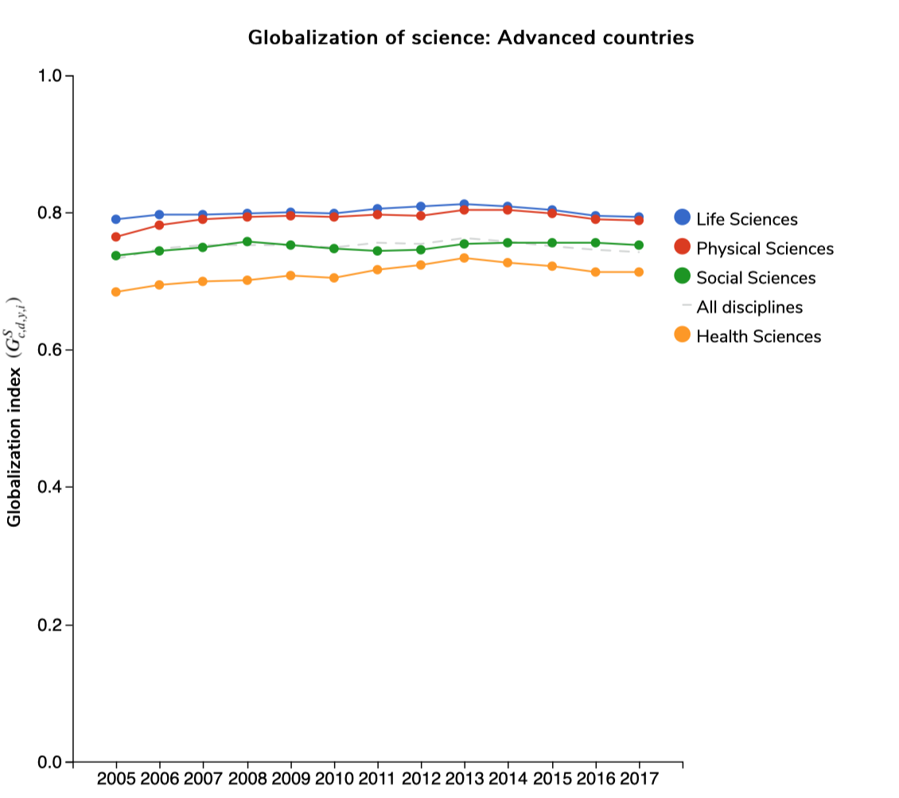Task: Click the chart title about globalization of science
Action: [x=470, y=37]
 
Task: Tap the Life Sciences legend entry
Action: [x=746, y=219]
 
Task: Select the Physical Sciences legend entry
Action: [x=765, y=249]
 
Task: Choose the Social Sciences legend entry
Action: [x=756, y=277]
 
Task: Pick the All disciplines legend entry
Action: [x=749, y=307]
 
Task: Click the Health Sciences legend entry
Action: [x=758, y=336]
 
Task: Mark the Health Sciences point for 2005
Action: [x=116, y=292]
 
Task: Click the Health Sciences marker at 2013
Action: [x=465, y=258]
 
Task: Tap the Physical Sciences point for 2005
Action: [x=116, y=237]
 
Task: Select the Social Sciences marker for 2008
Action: [x=247, y=242]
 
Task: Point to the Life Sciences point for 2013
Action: [x=465, y=204]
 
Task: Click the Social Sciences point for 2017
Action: [x=639, y=245]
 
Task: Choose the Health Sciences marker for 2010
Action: [x=334, y=277]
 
